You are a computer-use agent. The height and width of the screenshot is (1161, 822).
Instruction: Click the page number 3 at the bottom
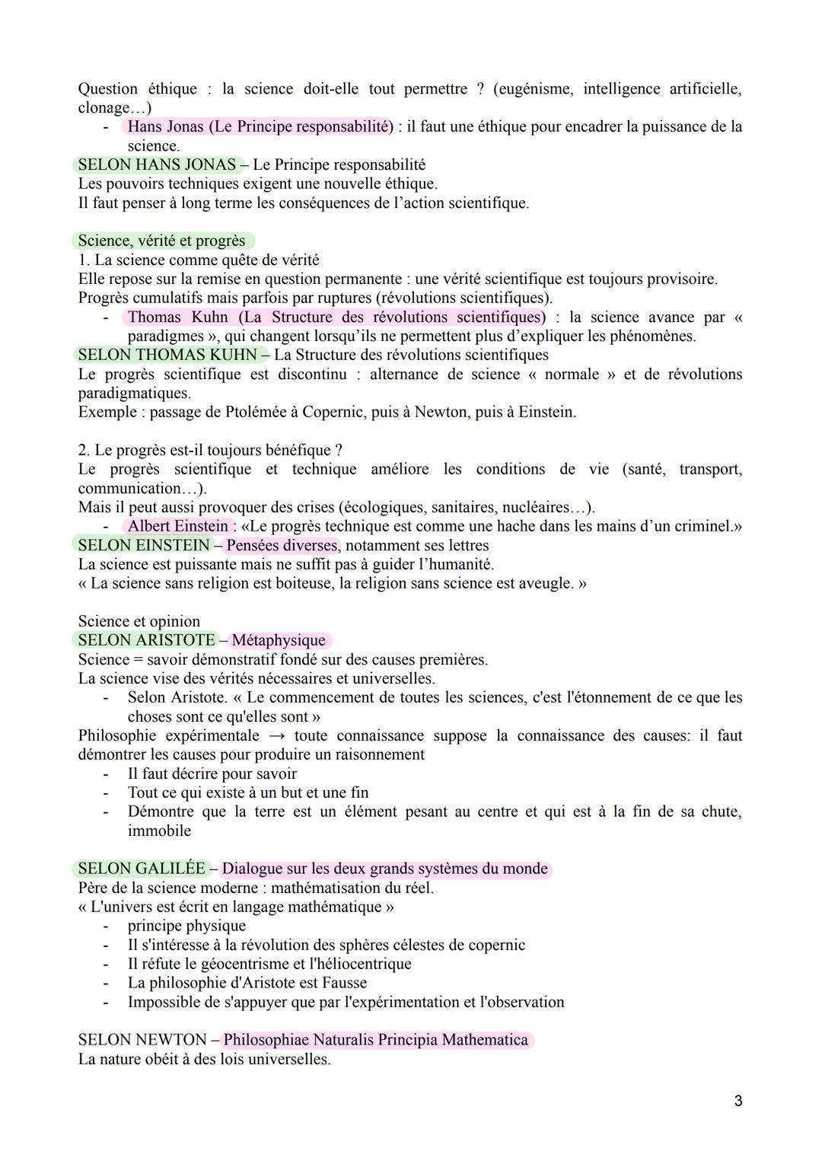(x=738, y=1101)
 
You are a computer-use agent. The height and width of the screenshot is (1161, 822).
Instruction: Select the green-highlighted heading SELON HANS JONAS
(x=157, y=164)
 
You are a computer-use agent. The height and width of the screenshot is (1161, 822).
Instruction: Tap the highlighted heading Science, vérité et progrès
(x=162, y=241)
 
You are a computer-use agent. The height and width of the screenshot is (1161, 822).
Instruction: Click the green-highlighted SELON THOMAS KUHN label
(x=167, y=355)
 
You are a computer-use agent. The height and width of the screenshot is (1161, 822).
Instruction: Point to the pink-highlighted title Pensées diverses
(x=282, y=545)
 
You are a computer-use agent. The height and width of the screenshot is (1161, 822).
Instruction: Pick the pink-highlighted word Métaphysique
(x=279, y=640)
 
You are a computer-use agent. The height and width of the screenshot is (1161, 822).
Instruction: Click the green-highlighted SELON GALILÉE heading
(x=141, y=869)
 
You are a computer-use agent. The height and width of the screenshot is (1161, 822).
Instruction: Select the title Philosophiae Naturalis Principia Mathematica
(x=376, y=1040)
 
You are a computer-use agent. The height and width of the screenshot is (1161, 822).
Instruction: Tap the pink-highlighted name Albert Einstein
(x=178, y=526)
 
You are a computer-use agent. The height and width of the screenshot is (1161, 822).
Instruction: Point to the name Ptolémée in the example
(x=257, y=412)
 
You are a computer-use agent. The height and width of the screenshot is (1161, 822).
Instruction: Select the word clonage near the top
(x=105, y=108)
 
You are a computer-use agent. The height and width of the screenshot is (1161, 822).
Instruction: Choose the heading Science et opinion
(x=139, y=621)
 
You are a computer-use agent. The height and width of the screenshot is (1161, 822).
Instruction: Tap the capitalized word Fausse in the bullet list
(x=342, y=983)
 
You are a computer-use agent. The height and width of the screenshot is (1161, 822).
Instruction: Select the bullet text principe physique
(x=186, y=926)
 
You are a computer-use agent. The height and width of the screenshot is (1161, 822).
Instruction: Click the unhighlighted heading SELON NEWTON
(x=142, y=1040)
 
